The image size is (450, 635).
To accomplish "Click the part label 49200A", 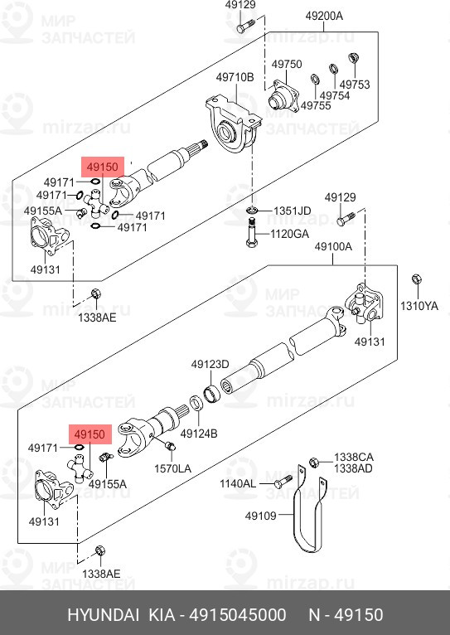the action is (324, 17).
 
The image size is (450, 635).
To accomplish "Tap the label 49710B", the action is (235, 77).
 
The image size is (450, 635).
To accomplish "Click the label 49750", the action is (287, 65).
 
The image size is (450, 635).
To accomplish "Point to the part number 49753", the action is (355, 85).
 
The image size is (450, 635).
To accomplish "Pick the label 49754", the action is (335, 95).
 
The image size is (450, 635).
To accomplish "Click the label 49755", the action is (316, 106).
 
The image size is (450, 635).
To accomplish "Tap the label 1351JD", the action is (293, 211).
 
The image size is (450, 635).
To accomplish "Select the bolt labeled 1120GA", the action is (251, 232).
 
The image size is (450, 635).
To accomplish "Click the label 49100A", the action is (333, 247).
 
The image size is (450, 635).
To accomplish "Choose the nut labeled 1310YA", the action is (416, 279).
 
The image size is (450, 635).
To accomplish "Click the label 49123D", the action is (210, 365).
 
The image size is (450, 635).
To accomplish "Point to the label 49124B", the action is (199, 434).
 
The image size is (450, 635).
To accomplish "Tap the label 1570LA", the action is (173, 468).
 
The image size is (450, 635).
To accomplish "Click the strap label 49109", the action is (260, 516).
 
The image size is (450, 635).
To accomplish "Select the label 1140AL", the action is (238, 483).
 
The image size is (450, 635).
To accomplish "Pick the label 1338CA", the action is (354, 458).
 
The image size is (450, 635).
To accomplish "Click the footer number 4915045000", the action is (238, 615).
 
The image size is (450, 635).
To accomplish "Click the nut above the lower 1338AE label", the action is (100, 551).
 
